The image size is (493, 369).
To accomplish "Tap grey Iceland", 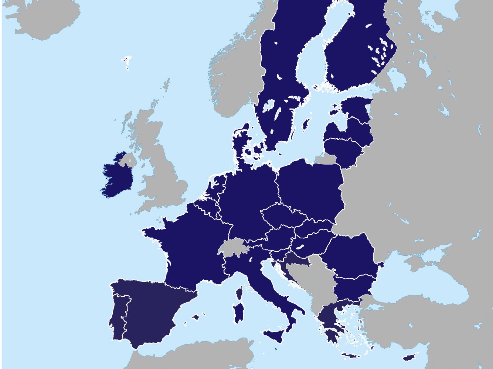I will pos(44,18).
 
